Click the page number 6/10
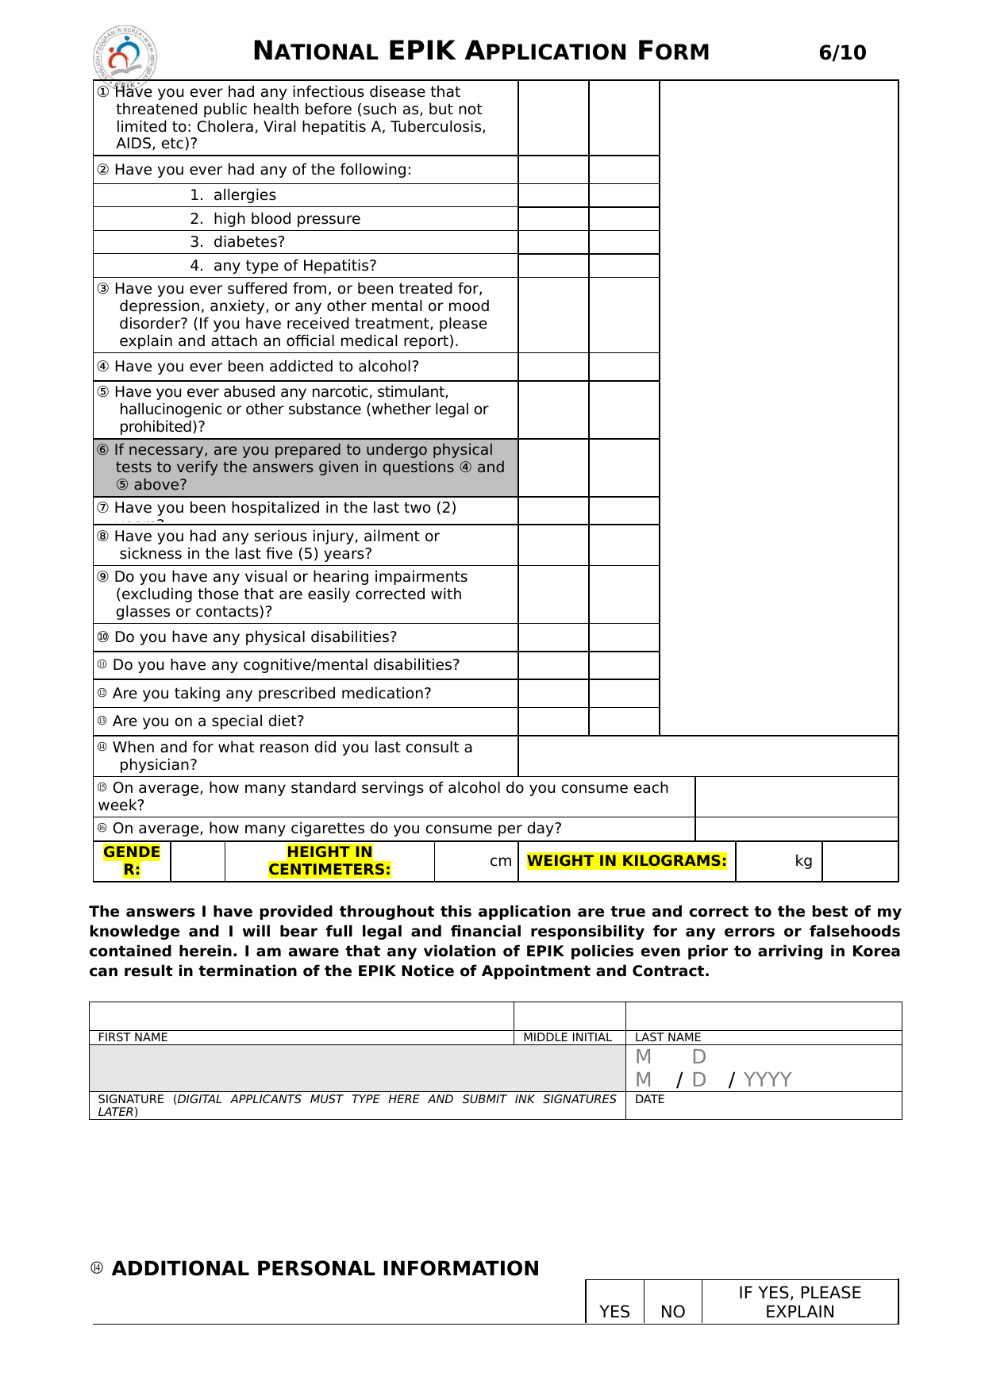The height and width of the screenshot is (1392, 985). (x=842, y=53)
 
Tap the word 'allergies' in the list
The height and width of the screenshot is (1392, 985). (x=244, y=195)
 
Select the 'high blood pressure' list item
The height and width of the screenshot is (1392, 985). (x=287, y=219)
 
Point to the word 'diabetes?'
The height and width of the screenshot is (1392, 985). (x=248, y=242)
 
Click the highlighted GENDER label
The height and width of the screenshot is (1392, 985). (x=132, y=861)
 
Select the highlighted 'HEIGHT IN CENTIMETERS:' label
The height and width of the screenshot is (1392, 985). (x=329, y=861)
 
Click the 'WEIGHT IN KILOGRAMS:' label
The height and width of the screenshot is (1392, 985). (x=626, y=861)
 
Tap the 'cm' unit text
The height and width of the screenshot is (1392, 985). (x=500, y=861)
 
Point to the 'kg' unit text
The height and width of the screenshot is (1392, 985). (x=803, y=861)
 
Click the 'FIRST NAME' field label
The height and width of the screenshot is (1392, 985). (x=133, y=1037)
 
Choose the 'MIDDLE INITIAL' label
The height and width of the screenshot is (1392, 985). (x=568, y=1037)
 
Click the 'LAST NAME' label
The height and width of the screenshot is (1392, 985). (x=668, y=1037)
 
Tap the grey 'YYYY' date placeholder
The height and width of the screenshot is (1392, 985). (x=768, y=1079)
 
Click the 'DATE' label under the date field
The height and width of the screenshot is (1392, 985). (x=649, y=1099)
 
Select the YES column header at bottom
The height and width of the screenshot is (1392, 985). (x=614, y=1312)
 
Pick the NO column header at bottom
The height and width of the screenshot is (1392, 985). (x=672, y=1312)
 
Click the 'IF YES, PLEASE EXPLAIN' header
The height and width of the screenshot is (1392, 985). (x=799, y=1302)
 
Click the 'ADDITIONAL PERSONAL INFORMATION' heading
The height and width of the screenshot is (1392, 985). (x=325, y=1269)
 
